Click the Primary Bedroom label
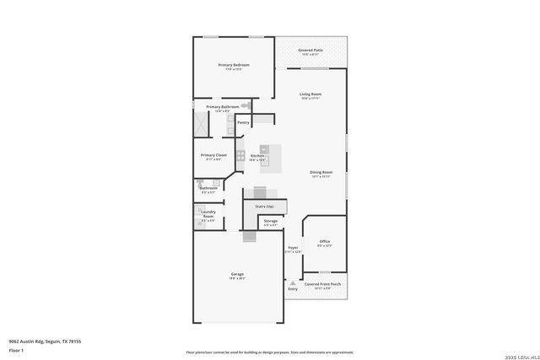click(x=234, y=65)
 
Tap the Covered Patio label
click(x=311, y=51)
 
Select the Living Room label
click(x=311, y=94)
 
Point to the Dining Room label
click(x=321, y=173)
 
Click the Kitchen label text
click(x=257, y=156)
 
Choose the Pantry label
click(x=243, y=123)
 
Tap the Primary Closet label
click(x=213, y=155)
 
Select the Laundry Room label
click(x=208, y=215)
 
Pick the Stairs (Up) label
click(x=264, y=204)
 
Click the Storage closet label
click(x=270, y=221)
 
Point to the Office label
click(x=324, y=241)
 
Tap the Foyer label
click(x=293, y=248)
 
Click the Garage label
click(x=238, y=275)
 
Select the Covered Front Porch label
click(x=322, y=285)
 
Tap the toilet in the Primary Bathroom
click(x=246, y=106)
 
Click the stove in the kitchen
click(x=240, y=155)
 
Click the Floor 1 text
click(x=16, y=350)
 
